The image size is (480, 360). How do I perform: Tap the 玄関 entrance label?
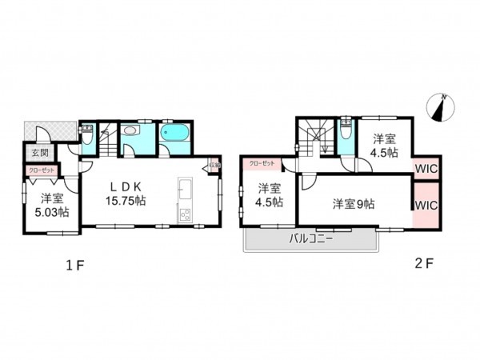pos(39,152)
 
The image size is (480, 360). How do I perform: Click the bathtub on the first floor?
pos(173,135)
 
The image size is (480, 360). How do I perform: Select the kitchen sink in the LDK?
pos(183,192)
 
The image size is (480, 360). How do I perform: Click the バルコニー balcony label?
pos(310,238)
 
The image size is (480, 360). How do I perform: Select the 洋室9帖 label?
pos(354,203)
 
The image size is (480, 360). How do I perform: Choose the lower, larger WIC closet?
pos(426,205)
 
